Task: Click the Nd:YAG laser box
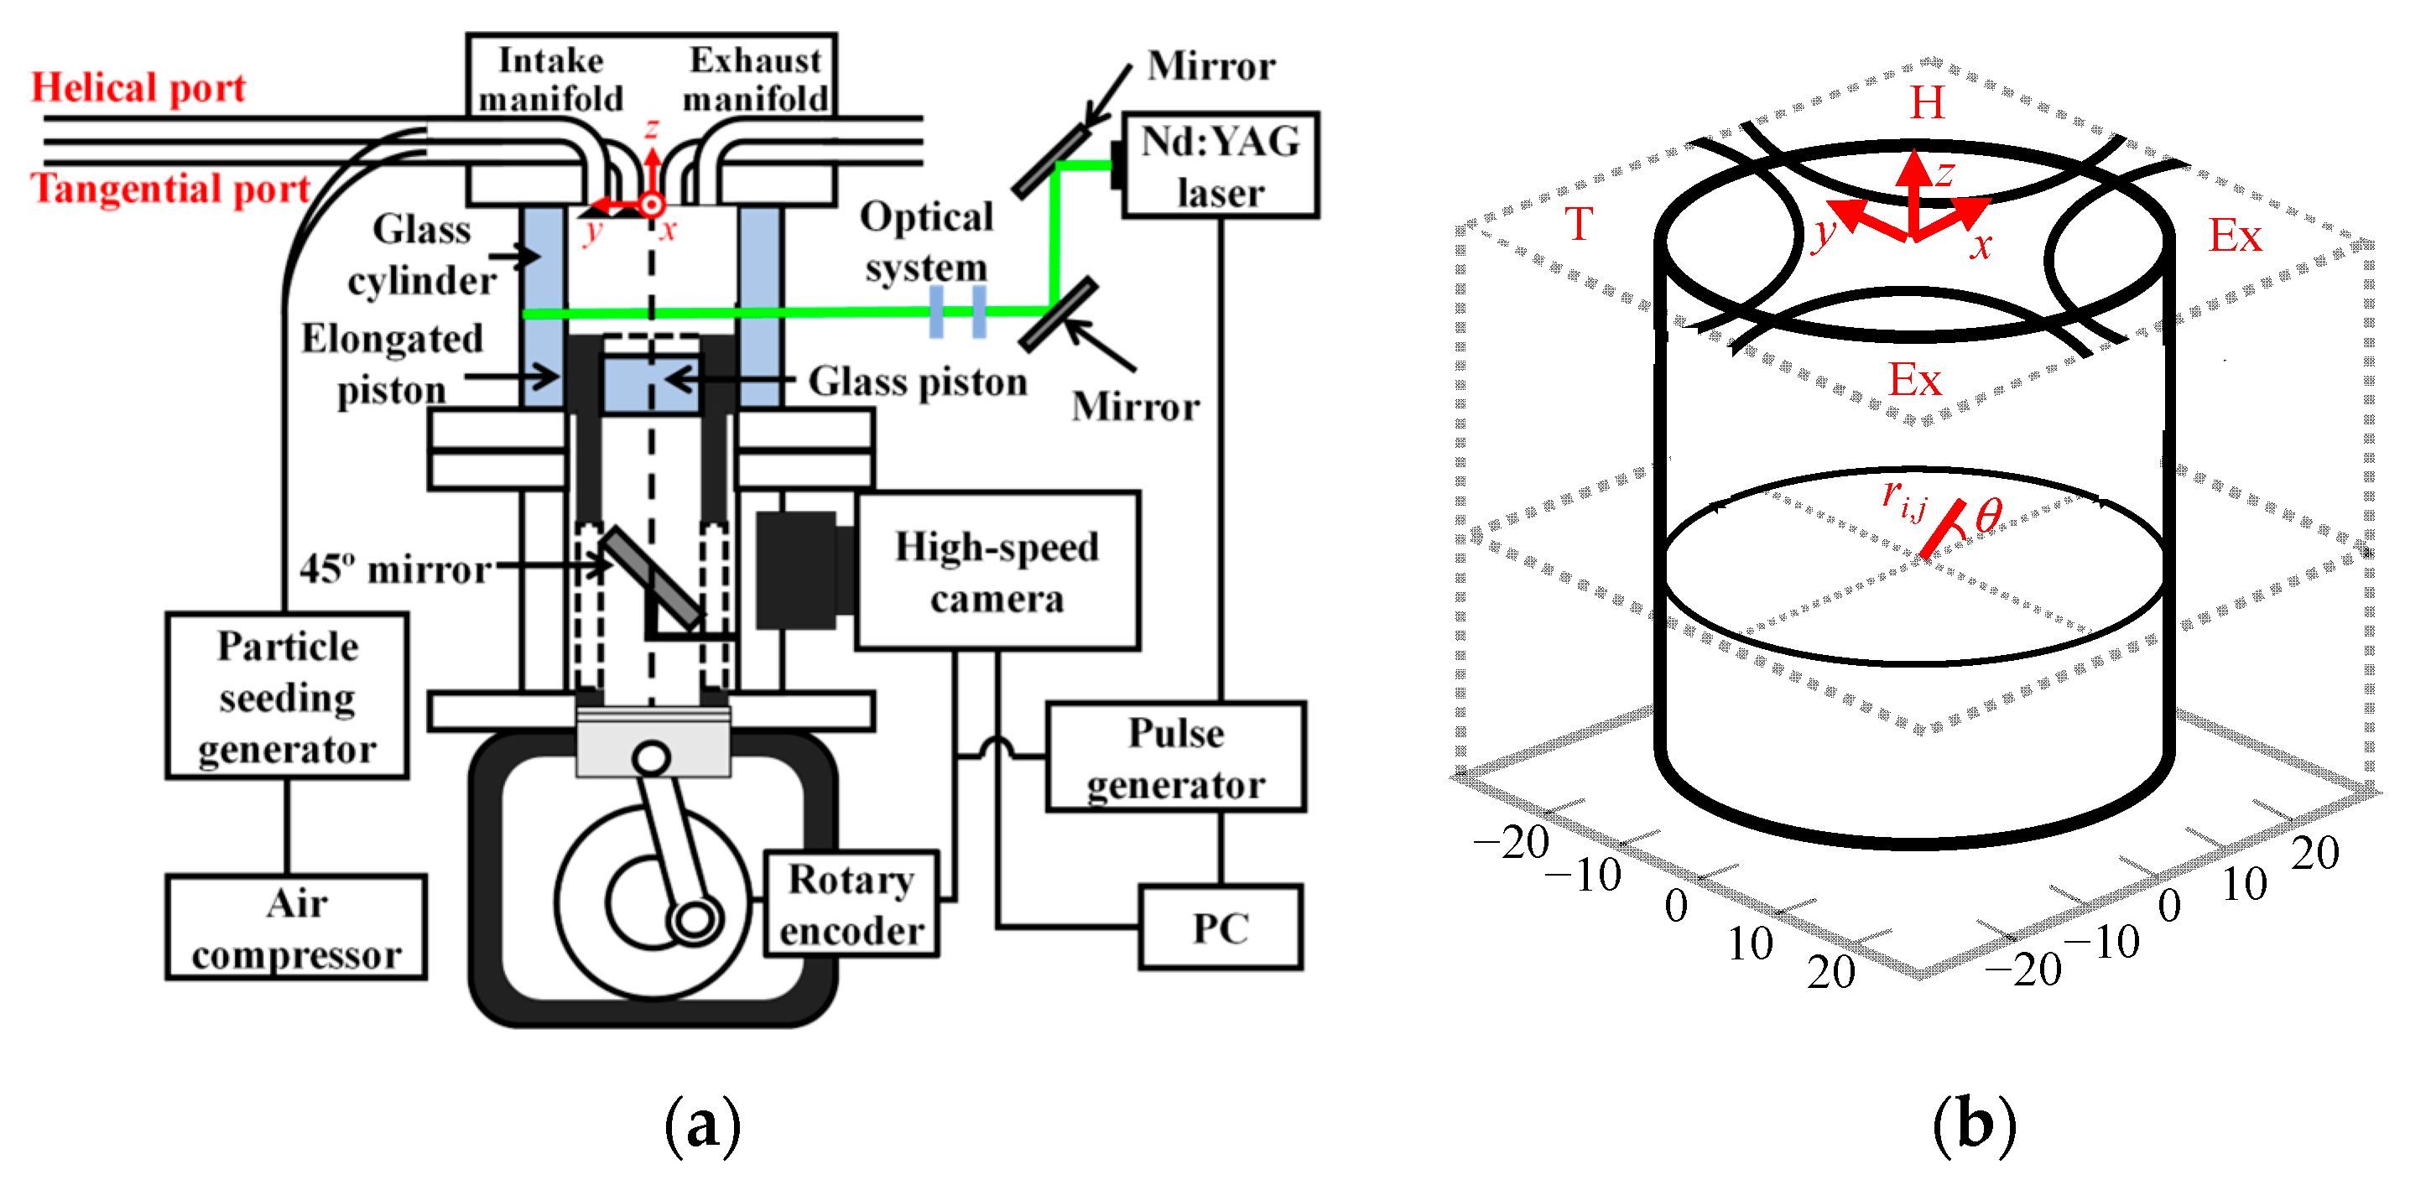click(1220, 166)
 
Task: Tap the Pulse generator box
click(1176, 757)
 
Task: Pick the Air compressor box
click(296, 928)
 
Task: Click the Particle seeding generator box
click(287, 697)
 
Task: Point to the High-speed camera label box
click(997, 572)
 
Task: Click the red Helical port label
click(138, 88)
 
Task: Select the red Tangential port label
click(169, 189)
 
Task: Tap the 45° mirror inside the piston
click(653, 577)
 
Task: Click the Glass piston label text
click(918, 382)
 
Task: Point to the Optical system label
click(926, 242)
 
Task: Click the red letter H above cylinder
click(1927, 101)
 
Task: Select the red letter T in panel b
click(1578, 225)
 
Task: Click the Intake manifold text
click(551, 79)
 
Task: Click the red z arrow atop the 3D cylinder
click(1914, 189)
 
